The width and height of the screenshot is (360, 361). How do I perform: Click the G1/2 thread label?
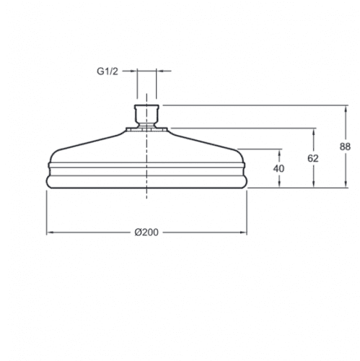[107, 71]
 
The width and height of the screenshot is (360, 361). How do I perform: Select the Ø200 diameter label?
[146, 232]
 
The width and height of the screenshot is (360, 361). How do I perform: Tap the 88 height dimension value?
[345, 147]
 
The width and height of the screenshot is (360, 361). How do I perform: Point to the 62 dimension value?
[313, 158]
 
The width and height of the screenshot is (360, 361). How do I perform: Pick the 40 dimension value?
[278, 168]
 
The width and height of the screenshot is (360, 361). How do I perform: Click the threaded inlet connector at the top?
[146, 116]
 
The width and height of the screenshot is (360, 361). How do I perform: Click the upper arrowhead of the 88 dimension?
[346, 109]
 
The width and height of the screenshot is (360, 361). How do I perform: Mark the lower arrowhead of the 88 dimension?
[346, 184]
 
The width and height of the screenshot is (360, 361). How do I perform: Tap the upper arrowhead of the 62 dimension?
[313, 132]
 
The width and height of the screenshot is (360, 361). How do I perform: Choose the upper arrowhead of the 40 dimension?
[279, 152]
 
